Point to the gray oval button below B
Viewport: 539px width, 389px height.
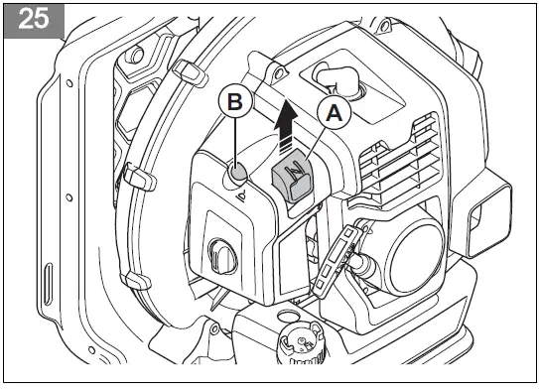(x=237, y=174)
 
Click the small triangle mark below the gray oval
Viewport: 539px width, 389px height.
(x=238, y=194)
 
